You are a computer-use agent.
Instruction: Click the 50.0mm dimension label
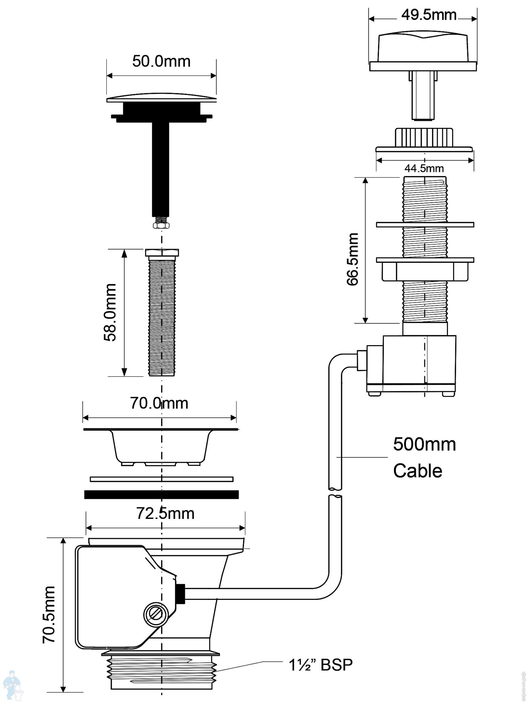click(x=161, y=61)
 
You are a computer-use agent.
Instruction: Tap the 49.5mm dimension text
click(x=428, y=15)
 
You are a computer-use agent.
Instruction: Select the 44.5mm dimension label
click(x=424, y=168)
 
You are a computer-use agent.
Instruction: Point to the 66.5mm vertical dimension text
click(x=353, y=259)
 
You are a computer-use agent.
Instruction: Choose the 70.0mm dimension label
click(x=159, y=403)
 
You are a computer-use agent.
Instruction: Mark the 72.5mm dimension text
click(x=165, y=513)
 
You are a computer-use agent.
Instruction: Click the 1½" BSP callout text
click(x=321, y=665)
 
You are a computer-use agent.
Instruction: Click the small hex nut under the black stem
click(x=161, y=225)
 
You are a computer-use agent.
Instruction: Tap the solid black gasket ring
click(x=161, y=494)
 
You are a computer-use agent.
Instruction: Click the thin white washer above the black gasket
click(x=161, y=479)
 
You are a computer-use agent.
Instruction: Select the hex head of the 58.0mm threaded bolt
click(x=162, y=253)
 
